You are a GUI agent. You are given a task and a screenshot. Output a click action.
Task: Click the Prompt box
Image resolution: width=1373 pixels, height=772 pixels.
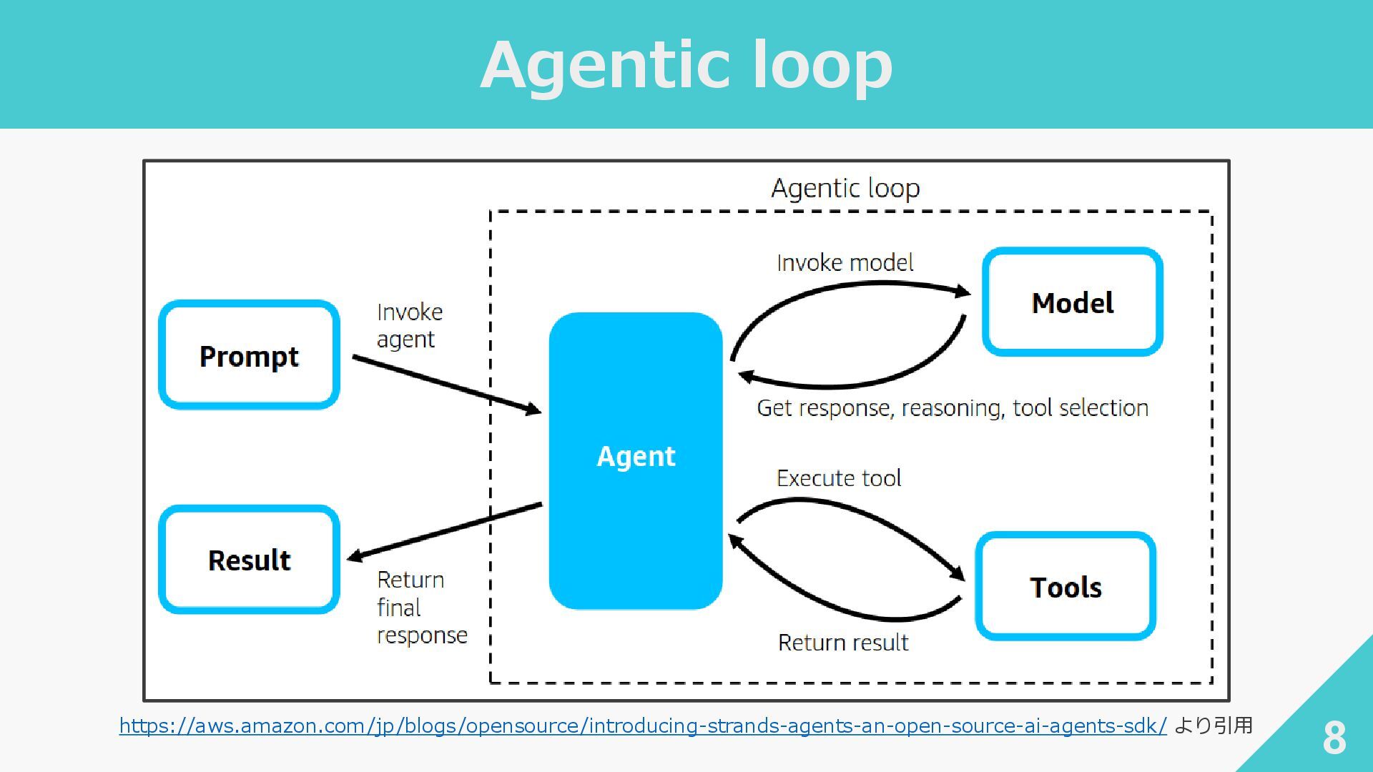click(x=249, y=355)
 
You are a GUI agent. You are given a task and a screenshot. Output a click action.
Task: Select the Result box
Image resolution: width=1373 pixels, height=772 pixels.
click(x=249, y=559)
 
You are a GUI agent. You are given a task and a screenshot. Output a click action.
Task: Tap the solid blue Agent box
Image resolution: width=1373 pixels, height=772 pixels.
click(x=636, y=460)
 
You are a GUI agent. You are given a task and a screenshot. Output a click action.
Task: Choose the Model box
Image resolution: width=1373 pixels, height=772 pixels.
click(x=1073, y=302)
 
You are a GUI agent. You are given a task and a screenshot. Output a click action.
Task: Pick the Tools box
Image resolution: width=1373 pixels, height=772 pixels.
click(x=1066, y=586)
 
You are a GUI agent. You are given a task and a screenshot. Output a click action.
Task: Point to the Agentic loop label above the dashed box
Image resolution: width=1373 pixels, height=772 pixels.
click(x=845, y=188)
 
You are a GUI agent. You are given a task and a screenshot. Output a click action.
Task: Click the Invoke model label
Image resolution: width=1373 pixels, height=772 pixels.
click(x=845, y=262)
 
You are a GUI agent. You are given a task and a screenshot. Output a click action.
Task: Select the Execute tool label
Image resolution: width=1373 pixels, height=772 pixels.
click(x=839, y=477)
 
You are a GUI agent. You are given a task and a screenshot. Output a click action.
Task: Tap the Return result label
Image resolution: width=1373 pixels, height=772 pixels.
click(x=843, y=642)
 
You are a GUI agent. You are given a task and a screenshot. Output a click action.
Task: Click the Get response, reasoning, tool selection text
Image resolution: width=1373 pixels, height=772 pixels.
click(x=953, y=407)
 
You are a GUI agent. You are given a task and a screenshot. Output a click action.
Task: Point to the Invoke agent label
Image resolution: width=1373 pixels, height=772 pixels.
click(x=410, y=325)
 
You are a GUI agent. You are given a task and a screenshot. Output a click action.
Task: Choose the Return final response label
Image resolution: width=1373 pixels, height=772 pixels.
click(x=422, y=607)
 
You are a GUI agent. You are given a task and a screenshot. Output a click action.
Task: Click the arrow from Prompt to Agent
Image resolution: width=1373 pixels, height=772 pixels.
click(x=447, y=385)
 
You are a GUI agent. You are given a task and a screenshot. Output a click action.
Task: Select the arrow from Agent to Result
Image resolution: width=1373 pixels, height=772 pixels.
click(x=444, y=531)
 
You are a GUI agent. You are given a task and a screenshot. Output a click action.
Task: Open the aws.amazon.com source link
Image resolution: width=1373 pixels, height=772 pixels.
click(x=643, y=726)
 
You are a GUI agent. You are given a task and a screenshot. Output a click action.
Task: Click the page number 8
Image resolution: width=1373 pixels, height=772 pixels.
click(x=1334, y=737)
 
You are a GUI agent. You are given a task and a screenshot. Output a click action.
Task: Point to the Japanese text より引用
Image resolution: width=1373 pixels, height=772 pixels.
click(x=1214, y=726)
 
